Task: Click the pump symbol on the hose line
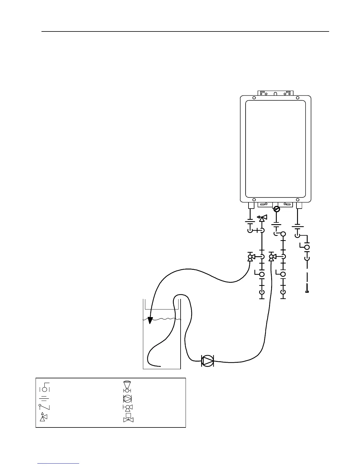208,361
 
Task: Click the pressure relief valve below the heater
261,218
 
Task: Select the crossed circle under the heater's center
276,209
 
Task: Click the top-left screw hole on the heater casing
254,98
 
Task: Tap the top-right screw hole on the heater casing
298,98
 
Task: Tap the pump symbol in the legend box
127,399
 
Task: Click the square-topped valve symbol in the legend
128,418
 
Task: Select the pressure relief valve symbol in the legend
43,417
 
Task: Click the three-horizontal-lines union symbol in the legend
44,398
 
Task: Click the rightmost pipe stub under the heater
299,205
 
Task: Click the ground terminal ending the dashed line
307,291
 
